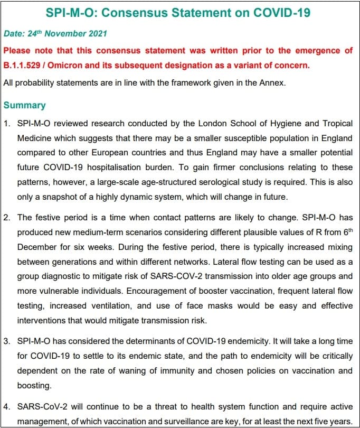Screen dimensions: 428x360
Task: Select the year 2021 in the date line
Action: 95,34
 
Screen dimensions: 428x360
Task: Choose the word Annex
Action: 273,82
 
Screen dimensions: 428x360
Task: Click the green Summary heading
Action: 24,106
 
